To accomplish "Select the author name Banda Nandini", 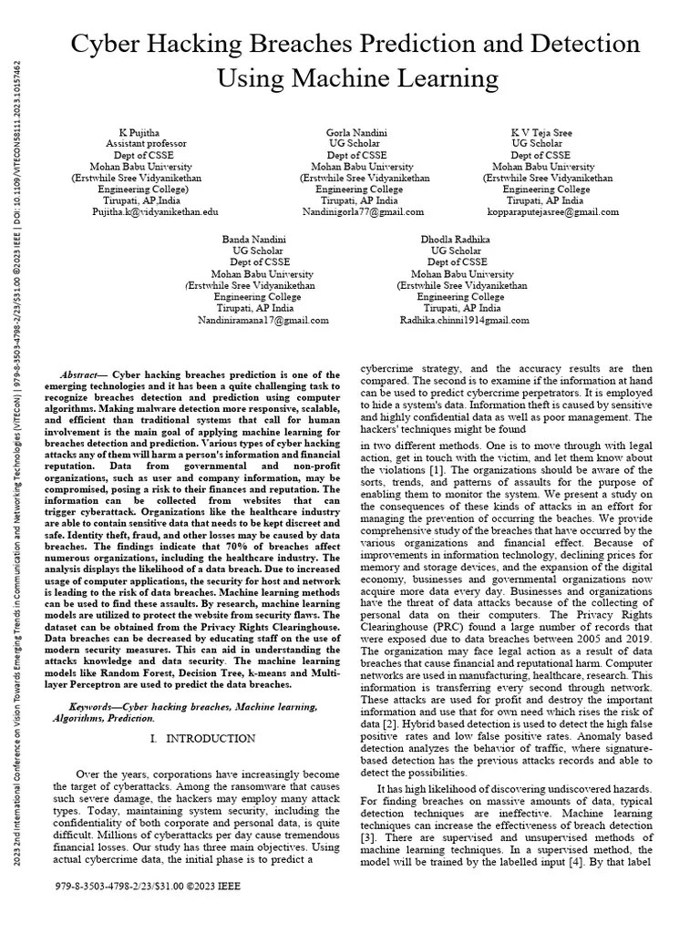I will click(x=254, y=239).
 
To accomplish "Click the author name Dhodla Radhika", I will click(x=456, y=239).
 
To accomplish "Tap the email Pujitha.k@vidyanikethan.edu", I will click(x=155, y=211).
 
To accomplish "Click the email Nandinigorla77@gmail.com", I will click(x=363, y=211).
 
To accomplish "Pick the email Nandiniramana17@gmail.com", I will click(x=263, y=321).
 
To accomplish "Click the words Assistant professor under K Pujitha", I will click(x=147, y=144).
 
